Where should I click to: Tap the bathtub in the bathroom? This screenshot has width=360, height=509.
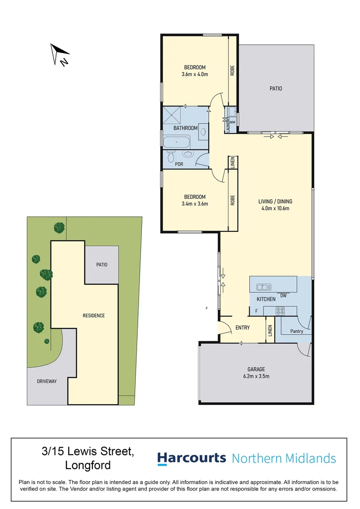click(x=176, y=142)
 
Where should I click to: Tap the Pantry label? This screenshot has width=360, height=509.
click(x=296, y=331)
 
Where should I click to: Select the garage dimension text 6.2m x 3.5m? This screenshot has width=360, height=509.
click(x=256, y=376)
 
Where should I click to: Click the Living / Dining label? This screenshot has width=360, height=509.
click(x=273, y=202)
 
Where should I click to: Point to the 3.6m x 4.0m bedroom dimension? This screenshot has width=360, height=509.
click(x=195, y=74)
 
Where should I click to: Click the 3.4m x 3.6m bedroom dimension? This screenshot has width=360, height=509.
click(x=195, y=204)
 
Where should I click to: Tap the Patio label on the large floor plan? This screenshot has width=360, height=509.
click(x=276, y=88)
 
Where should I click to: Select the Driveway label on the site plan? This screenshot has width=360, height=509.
click(x=47, y=381)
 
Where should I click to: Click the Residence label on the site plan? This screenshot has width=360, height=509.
click(x=93, y=315)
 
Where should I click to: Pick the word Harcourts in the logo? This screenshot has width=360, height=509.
click(x=191, y=458)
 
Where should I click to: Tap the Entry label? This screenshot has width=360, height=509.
click(x=242, y=328)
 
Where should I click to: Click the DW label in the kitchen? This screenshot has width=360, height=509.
click(x=284, y=296)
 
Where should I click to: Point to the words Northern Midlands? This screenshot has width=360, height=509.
click(x=284, y=458)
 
